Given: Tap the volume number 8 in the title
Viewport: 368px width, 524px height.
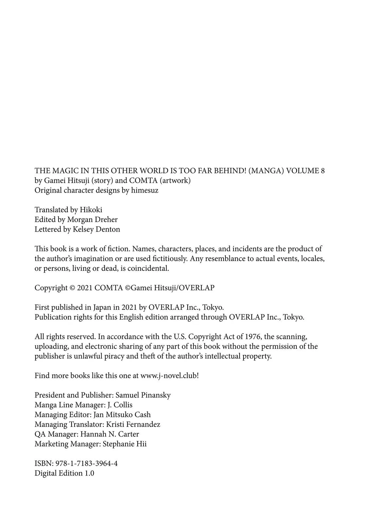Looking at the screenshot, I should tap(323, 171).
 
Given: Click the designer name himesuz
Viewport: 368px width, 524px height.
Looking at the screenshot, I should tap(145, 190).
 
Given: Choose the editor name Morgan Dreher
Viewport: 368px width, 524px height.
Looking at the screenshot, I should tap(92, 219).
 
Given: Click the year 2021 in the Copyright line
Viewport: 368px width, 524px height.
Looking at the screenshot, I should tap(85, 288).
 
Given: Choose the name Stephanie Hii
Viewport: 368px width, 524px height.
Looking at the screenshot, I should tap(125, 444).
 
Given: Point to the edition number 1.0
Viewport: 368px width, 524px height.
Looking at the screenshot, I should tap(89, 473).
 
